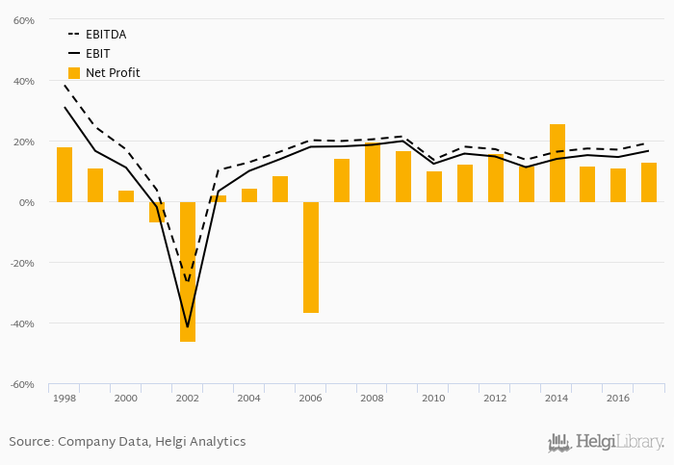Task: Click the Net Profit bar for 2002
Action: pos(188,271)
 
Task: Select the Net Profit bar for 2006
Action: pos(311,257)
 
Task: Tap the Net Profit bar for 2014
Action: pos(557,163)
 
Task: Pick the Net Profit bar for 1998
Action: pos(65,174)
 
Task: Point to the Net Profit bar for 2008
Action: pos(373,172)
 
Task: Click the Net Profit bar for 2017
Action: pos(649,182)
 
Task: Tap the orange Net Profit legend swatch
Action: pos(74,73)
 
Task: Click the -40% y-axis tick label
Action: pos(20,323)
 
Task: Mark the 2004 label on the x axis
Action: pos(249,398)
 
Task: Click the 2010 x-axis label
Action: pos(434,398)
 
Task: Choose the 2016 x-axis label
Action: pos(618,398)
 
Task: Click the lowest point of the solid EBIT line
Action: pos(188,327)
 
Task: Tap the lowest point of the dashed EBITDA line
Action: pos(188,282)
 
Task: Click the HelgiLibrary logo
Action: pos(606,443)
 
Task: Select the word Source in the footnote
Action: pos(30,442)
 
